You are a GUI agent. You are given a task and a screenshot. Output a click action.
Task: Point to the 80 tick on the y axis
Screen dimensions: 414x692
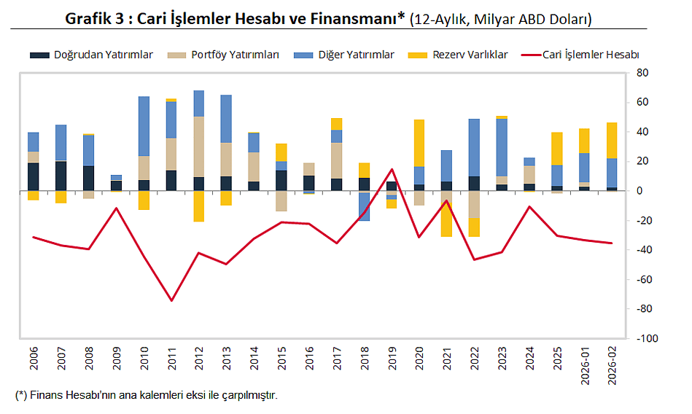[x=642, y=73]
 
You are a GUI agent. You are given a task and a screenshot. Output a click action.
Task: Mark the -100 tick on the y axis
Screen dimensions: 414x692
[x=645, y=339]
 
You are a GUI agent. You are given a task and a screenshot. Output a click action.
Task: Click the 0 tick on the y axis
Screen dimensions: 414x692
[x=639, y=191]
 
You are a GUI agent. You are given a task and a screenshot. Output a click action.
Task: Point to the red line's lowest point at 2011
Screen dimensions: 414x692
[x=171, y=300]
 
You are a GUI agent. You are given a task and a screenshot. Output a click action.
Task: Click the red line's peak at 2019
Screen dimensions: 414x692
[x=392, y=169]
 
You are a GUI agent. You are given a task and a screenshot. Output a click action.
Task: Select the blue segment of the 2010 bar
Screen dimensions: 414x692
[x=144, y=125]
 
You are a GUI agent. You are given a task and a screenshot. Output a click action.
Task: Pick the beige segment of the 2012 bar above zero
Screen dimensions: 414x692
[x=199, y=147]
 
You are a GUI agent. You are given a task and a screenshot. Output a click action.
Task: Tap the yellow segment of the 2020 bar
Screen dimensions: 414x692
[x=419, y=143]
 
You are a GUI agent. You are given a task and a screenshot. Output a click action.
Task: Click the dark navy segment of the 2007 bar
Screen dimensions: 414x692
[x=61, y=176]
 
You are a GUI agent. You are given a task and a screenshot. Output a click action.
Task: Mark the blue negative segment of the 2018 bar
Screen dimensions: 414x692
[x=364, y=206]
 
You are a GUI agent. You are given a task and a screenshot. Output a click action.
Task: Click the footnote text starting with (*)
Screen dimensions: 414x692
[x=146, y=396]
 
